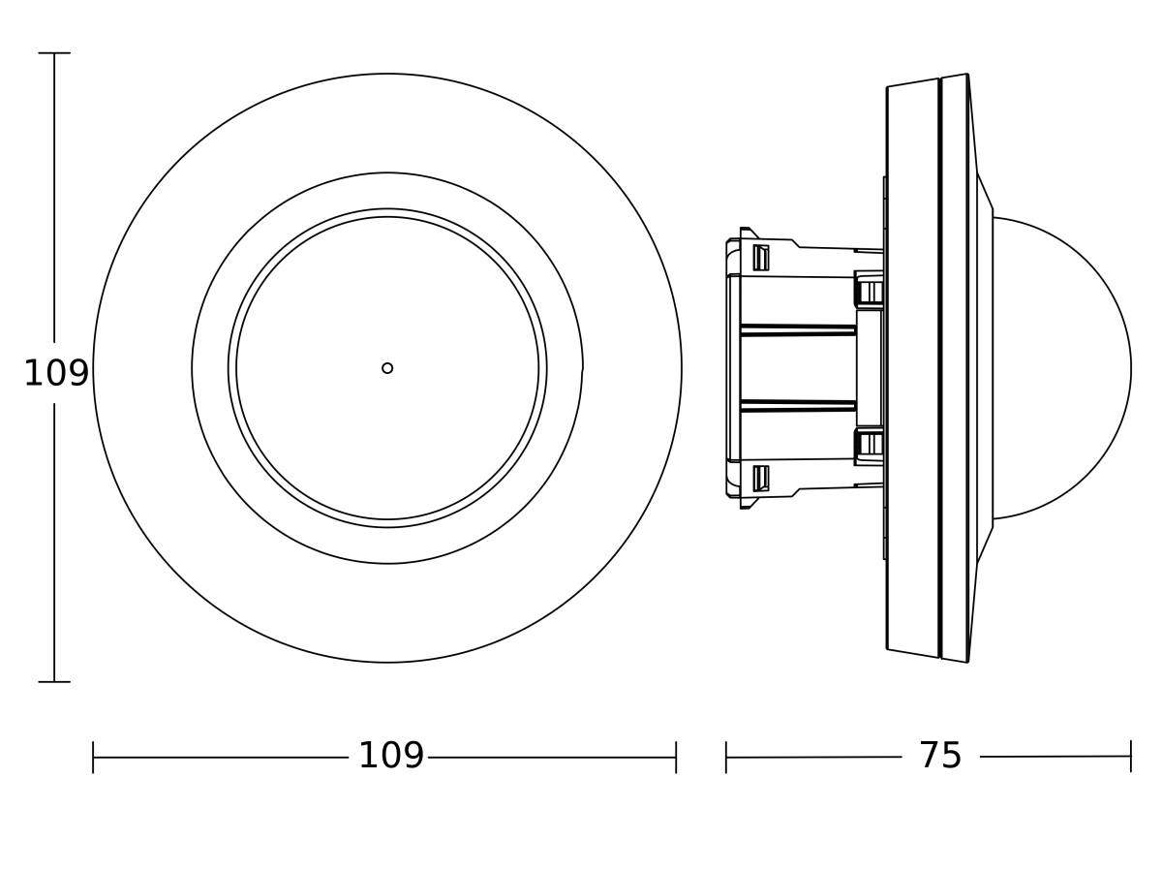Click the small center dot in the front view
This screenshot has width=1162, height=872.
pyautogui.click(x=387, y=368)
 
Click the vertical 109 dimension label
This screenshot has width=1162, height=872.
pyautogui.click(x=56, y=373)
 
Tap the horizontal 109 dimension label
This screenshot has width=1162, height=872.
pyautogui.click(x=391, y=755)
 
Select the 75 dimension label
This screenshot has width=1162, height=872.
pyautogui.click(x=940, y=755)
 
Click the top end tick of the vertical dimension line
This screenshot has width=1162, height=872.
pyautogui.click(x=54, y=53)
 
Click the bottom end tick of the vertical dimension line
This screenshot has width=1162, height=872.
pyautogui.click(x=54, y=681)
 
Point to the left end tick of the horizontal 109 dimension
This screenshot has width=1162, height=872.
pyautogui.click(x=93, y=757)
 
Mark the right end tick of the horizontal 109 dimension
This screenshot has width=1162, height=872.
pyautogui.click(x=676, y=757)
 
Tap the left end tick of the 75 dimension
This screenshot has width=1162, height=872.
pyautogui.click(x=726, y=757)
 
